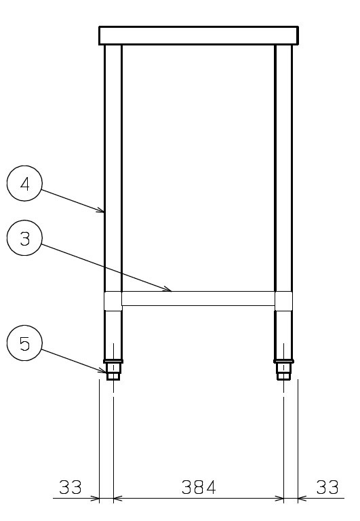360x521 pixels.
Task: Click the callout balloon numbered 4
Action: tap(24, 183)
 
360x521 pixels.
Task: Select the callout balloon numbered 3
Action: tap(24, 238)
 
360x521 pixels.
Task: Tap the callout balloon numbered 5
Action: tap(24, 343)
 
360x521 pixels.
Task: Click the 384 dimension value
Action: tap(199, 487)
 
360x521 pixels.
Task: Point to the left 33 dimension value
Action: tap(71, 487)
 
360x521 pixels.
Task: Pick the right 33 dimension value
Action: tap(327, 487)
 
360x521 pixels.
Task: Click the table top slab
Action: tap(199, 35)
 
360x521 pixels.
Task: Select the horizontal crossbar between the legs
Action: tap(199, 298)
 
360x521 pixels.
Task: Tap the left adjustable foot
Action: tap(113, 370)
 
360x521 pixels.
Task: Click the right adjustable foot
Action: tap(283, 370)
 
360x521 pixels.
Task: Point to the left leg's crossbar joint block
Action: tap(113, 301)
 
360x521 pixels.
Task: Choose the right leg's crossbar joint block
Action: tap(284, 301)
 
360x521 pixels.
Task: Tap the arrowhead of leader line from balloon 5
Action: tap(103, 371)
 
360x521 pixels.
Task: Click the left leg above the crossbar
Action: tap(113, 168)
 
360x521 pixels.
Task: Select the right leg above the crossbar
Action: tap(284, 168)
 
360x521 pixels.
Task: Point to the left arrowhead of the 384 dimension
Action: tap(117, 499)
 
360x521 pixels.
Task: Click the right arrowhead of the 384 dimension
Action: tap(280, 499)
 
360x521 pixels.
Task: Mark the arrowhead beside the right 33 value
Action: tap(301, 499)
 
